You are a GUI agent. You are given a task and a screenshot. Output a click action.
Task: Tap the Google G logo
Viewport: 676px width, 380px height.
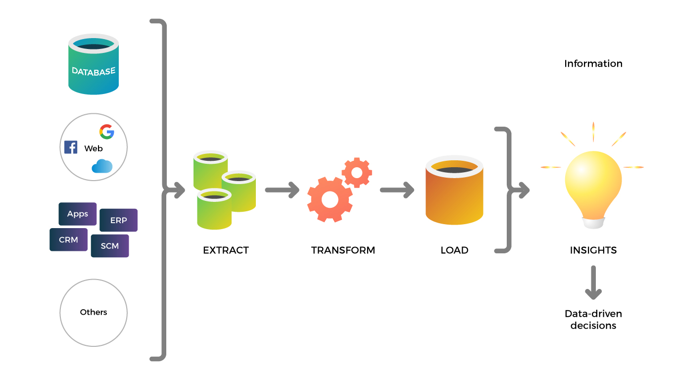(x=106, y=132)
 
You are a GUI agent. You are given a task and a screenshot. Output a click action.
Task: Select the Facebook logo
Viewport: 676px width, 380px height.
(x=71, y=147)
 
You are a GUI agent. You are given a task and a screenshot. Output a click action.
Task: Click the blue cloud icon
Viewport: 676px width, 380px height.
(x=102, y=166)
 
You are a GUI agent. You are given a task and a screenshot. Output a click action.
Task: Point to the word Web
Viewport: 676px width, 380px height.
(x=94, y=148)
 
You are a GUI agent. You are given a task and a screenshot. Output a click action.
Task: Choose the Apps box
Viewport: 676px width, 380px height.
(x=78, y=214)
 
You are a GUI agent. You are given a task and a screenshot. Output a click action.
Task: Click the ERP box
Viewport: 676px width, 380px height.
(x=118, y=220)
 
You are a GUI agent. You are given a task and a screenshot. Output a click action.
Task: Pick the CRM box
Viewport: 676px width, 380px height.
(x=68, y=239)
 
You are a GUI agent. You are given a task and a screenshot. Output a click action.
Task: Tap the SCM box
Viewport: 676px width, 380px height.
(x=109, y=246)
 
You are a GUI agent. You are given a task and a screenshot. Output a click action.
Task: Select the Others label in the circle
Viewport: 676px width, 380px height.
(x=94, y=312)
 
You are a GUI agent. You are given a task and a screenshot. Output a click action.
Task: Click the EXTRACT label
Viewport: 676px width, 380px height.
(x=226, y=250)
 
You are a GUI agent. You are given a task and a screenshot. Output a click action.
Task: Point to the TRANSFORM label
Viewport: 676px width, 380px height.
(x=343, y=250)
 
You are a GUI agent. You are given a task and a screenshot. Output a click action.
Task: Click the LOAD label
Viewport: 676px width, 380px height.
(x=454, y=250)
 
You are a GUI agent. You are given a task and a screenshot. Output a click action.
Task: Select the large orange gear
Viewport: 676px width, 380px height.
(x=330, y=199)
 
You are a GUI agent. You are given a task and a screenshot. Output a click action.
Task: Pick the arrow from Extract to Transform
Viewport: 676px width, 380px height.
(x=282, y=190)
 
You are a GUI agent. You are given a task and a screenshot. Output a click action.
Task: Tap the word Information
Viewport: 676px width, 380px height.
(x=593, y=63)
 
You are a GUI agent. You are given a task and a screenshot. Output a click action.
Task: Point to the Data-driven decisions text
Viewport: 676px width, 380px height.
(x=593, y=320)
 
